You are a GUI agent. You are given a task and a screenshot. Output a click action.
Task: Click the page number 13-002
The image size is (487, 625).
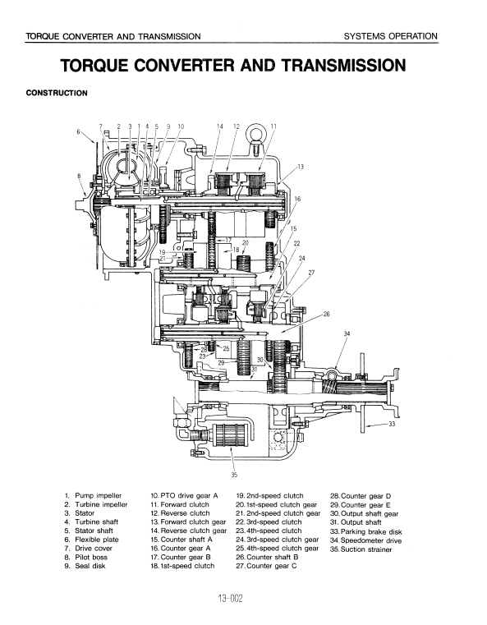(230, 598)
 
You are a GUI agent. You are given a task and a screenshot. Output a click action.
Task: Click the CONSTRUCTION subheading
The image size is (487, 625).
(57, 94)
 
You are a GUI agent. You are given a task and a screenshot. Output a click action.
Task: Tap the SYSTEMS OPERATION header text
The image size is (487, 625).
(391, 36)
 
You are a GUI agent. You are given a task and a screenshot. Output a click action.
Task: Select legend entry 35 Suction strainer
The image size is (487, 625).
(361, 549)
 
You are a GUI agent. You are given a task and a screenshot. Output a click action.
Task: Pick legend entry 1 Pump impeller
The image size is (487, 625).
(93, 496)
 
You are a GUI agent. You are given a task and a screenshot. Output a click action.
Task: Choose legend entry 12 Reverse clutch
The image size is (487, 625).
(180, 513)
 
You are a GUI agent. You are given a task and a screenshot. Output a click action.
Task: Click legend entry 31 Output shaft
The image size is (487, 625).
(356, 522)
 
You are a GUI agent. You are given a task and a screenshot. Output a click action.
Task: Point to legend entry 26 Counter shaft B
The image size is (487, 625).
(267, 557)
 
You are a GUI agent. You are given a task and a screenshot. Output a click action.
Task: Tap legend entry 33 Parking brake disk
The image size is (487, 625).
(366, 531)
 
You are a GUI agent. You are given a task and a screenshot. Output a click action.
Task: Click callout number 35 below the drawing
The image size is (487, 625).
(234, 475)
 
